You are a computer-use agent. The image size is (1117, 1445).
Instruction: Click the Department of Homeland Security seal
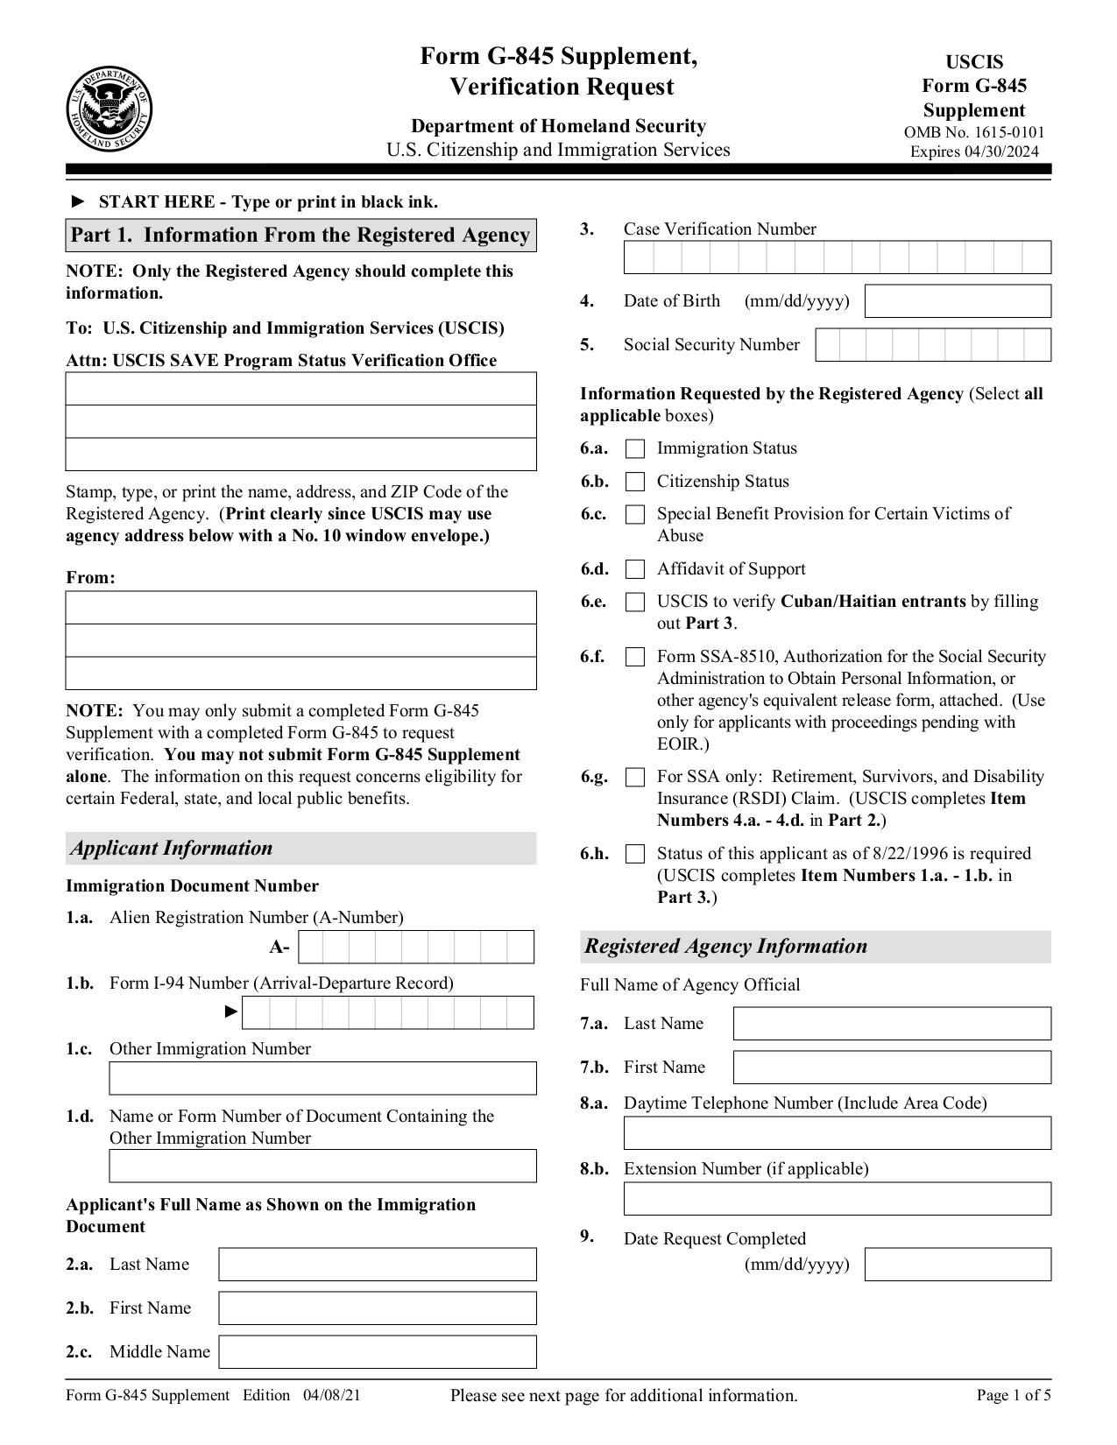[x=109, y=109]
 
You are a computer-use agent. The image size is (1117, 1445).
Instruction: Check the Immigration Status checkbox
[x=635, y=449]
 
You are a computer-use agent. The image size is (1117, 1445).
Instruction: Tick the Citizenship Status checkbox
[x=635, y=482]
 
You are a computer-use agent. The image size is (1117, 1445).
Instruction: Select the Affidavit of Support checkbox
[x=635, y=569]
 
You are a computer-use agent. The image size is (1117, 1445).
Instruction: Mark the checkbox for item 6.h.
[x=635, y=854]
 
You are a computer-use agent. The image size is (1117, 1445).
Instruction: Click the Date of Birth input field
[x=958, y=301]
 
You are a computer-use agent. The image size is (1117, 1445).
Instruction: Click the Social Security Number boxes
[x=932, y=345]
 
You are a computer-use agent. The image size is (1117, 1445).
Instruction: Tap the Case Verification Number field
[x=837, y=257]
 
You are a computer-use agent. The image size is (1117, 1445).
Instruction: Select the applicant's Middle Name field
[x=377, y=1351]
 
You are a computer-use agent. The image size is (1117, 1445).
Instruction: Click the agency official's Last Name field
[x=891, y=1024]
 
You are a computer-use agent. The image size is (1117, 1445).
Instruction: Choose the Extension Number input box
[x=837, y=1199]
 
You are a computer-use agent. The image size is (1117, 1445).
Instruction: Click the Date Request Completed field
[x=958, y=1265]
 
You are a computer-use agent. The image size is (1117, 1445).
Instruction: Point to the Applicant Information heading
[x=173, y=849]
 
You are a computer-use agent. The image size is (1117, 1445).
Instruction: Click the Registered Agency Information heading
[x=726, y=947]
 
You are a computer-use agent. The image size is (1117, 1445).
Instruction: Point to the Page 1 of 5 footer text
[x=1014, y=1396]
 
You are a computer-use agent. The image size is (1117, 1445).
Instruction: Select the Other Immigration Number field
[x=322, y=1079]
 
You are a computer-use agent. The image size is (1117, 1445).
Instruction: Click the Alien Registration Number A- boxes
[x=415, y=948]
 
